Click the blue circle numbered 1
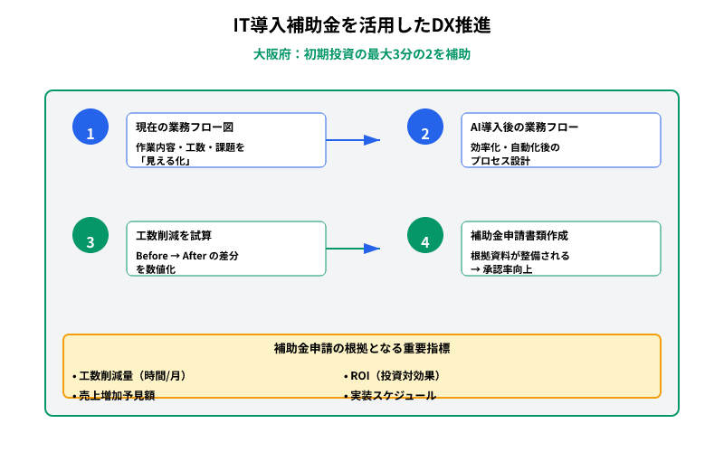pyautogui.click(x=90, y=127)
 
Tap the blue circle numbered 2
pyautogui.click(x=425, y=127)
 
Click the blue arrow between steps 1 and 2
pyautogui.click(x=353, y=140)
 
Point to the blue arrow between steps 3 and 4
pyautogui.click(x=353, y=248)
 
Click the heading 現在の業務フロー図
pyautogui.click(x=185, y=127)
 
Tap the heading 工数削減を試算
pyautogui.click(x=174, y=235)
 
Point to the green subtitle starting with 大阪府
pyautogui.click(x=362, y=54)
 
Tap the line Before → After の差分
pyautogui.click(x=186, y=256)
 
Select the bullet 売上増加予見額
pyautogui.click(x=119, y=395)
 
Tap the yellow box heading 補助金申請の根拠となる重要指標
pyautogui.click(x=362, y=348)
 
